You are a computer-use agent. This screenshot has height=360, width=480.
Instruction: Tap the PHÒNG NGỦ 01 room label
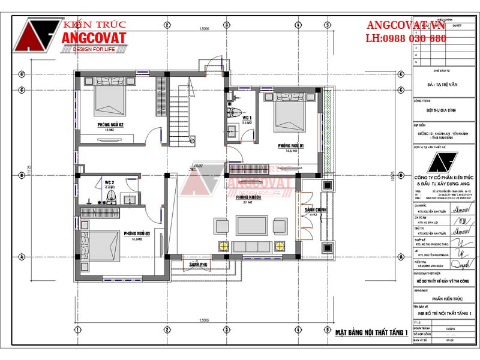click(x=291, y=146)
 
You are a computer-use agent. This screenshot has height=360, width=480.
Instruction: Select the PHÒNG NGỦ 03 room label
click(x=137, y=233)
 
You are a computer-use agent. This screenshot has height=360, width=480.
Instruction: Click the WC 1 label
click(x=247, y=118)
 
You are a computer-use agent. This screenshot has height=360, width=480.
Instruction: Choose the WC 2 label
click(x=109, y=182)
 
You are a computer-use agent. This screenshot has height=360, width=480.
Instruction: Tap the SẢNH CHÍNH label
click(x=314, y=210)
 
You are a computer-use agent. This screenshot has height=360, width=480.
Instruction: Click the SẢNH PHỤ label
click(x=199, y=264)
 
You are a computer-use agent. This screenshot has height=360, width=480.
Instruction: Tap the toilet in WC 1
click(x=236, y=112)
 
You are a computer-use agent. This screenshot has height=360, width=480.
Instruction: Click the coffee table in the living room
click(x=248, y=225)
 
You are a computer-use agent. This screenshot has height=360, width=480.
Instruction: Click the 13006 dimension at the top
click(x=205, y=28)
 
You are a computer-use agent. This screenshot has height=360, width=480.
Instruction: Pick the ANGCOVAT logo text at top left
click(x=94, y=38)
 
